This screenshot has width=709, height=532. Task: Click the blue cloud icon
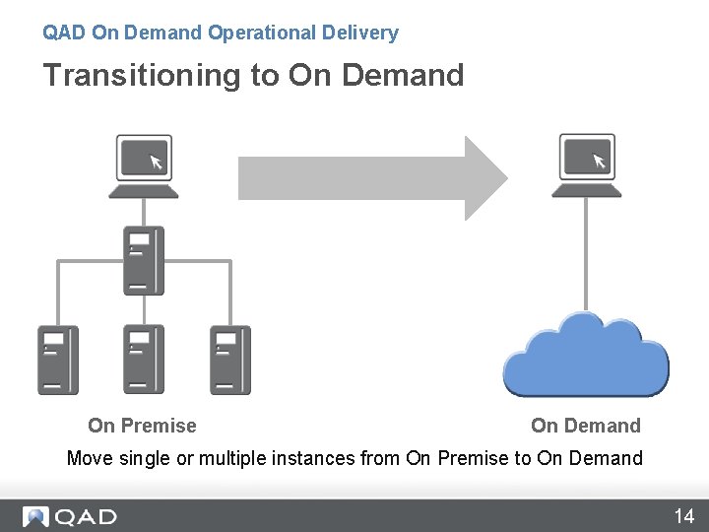click(586, 356)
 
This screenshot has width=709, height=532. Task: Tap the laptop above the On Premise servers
click(144, 166)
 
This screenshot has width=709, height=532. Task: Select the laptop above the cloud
click(586, 166)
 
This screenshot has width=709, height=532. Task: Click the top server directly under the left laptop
click(144, 260)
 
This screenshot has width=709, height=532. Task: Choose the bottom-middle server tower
click(144, 360)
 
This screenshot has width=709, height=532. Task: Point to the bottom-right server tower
click(230, 360)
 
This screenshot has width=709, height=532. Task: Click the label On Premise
click(142, 426)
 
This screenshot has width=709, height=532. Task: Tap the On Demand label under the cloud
click(585, 426)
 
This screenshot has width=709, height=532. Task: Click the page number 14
click(683, 516)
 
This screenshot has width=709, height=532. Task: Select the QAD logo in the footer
click(71, 516)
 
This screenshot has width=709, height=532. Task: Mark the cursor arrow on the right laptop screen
click(598, 160)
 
